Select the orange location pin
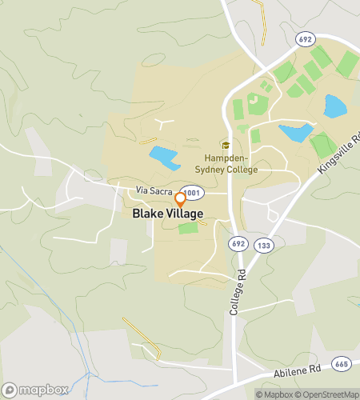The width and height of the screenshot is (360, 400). [181, 198]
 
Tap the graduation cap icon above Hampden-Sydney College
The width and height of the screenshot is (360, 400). [226, 146]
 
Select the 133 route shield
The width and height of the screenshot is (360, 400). [263, 245]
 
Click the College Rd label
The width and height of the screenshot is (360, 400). [235, 294]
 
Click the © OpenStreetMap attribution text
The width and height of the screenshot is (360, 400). [327, 394]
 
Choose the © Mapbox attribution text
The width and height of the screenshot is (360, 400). [274, 394]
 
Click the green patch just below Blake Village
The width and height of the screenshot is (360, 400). [188, 228]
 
